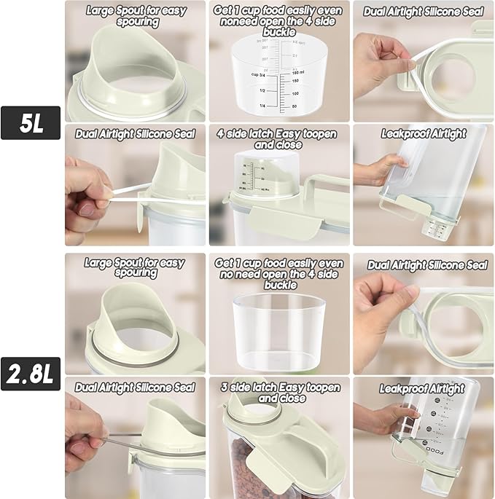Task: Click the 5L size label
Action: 31,122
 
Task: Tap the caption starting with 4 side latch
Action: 279,139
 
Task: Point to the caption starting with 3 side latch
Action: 279,393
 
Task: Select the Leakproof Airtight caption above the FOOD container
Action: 422,388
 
